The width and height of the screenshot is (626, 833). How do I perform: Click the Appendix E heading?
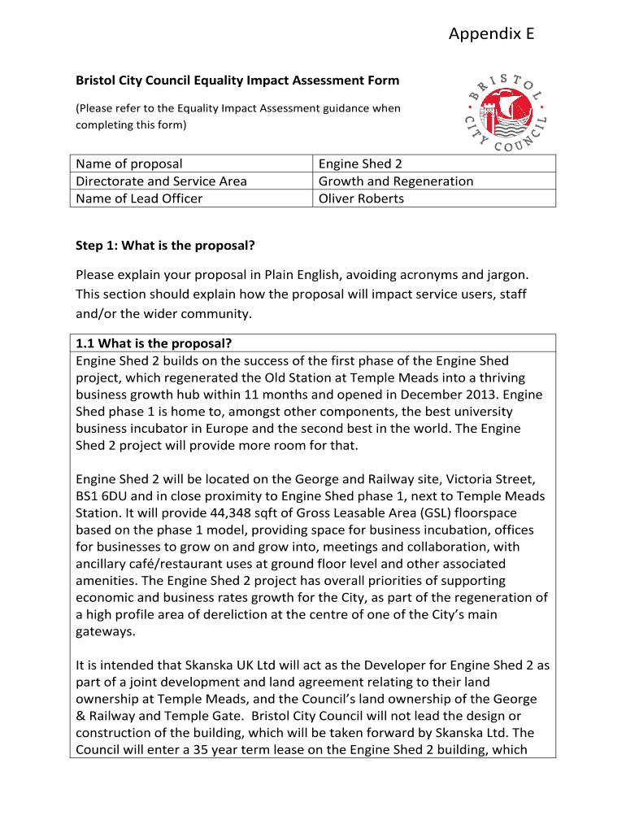(x=491, y=33)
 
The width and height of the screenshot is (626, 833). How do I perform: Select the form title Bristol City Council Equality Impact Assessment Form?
(x=237, y=81)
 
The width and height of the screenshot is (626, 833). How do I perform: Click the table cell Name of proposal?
(x=129, y=164)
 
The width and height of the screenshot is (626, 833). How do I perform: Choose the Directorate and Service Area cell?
(x=161, y=181)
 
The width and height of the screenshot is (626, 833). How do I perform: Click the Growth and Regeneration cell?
(x=395, y=181)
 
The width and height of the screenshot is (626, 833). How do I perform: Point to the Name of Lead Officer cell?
(x=139, y=198)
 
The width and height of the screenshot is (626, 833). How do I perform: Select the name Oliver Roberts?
(x=361, y=198)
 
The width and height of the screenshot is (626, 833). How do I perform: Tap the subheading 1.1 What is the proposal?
(x=159, y=343)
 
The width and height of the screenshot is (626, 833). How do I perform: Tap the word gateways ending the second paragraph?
(x=104, y=631)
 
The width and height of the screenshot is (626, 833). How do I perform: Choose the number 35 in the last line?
(x=219, y=749)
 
